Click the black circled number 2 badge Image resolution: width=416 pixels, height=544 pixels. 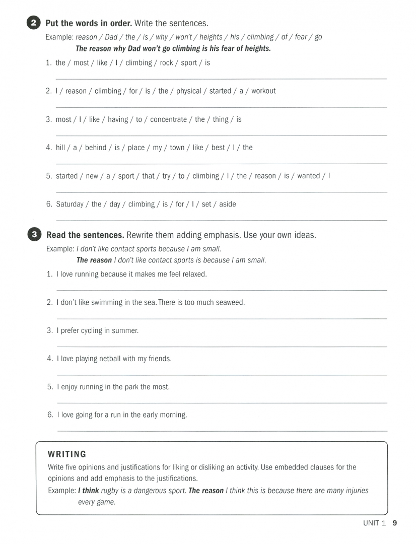coord(33,23)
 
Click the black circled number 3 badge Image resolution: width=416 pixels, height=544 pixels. coord(34,235)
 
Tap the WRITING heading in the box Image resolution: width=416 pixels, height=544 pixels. coord(67,454)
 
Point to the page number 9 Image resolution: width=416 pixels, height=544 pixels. coord(395,523)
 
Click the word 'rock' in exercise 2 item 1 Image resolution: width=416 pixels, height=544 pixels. coord(166,63)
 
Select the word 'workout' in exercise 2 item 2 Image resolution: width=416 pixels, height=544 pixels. coord(263,91)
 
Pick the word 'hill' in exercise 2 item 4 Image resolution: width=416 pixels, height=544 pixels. coord(60,148)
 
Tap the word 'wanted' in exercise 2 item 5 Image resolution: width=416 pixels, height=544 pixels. coord(308,176)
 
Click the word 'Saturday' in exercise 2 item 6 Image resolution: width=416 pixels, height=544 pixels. coord(70,204)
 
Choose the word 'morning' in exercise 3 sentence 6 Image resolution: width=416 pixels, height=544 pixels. coord(173,415)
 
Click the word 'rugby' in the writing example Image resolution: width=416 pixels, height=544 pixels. coord(110,491)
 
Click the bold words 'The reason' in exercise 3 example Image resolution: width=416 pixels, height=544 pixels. coord(94,260)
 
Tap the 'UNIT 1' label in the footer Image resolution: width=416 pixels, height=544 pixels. coord(374,523)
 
